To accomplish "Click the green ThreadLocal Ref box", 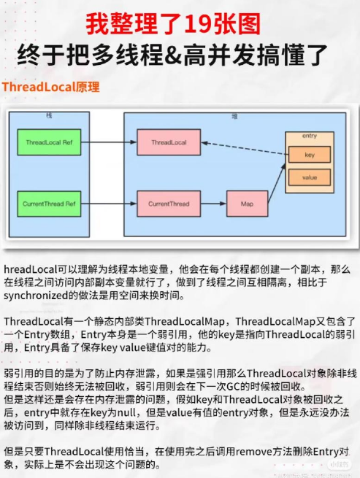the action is click(49, 142).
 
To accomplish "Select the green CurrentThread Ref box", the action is click(49, 204).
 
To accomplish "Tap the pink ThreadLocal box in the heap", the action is click(169, 142).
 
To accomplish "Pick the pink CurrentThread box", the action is click(169, 204).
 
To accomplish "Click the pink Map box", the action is click(247, 204).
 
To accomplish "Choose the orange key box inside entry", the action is click(310, 155).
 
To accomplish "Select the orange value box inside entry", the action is click(310, 177).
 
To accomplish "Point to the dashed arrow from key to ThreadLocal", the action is click(245, 148).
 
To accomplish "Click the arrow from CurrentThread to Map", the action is click(213, 204).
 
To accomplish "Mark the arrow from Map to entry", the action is click(277, 183).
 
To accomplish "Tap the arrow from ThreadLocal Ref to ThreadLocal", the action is click(109, 142).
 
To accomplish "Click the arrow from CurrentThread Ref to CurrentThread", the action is click(109, 204).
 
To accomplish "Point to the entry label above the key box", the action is click(310, 136).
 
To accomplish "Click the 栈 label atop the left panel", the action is click(49, 115).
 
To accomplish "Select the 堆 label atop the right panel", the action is click(234, 117).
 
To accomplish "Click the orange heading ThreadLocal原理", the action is click(50, 87).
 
